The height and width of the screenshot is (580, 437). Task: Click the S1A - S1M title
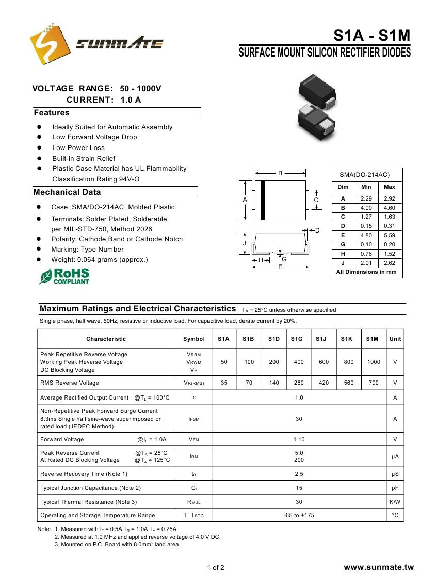point(371,36)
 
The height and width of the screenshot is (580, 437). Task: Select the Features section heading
point(52,113)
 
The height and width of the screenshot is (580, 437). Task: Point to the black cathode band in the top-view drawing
point(263,200)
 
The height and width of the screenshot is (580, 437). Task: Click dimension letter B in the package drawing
point(280,173)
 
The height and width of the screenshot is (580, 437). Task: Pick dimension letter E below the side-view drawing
point(280,267)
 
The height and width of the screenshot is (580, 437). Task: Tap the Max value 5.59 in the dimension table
point(390,235)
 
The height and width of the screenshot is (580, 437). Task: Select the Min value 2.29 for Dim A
point(366,198)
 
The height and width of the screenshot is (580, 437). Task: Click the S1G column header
point(297,339)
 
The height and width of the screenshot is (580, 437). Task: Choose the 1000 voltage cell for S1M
point(374,362)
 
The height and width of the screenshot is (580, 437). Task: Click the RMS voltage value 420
point(323,383)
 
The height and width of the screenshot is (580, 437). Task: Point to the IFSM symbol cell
point(193,419)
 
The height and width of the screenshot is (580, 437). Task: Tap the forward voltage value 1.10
point(299,440)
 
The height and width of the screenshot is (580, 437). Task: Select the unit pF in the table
point(395,488)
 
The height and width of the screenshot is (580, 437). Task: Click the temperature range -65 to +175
point(299,515)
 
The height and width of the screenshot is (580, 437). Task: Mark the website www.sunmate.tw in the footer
point(379,567)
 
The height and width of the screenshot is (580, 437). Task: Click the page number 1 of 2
point(216,568)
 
